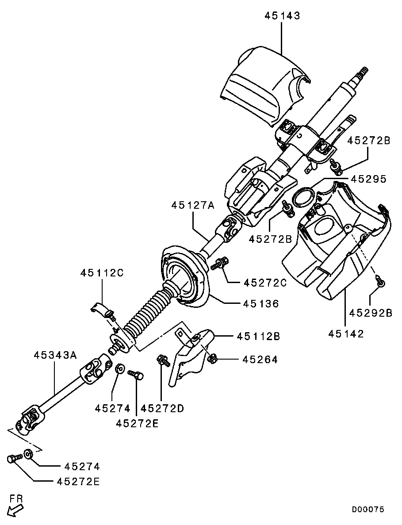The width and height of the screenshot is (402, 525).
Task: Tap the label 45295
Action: tap(368, 179)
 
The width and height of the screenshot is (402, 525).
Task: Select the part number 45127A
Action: tap(193, 205)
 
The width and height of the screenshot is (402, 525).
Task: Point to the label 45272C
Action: tap(265, 283)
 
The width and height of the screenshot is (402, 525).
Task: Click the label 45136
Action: tap(261, 304)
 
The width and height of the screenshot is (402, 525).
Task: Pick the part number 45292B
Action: tap(371, 313)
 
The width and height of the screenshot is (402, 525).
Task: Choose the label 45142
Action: tap(346, 334)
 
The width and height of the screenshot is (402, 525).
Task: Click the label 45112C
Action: tap(102, 273)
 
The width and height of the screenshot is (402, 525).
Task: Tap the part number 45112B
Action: tap(258, 336)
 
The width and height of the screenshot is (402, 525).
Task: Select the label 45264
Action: tap(260, 360)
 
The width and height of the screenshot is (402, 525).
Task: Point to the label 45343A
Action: tap(55, 355)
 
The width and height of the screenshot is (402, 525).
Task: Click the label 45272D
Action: tap(162, 409)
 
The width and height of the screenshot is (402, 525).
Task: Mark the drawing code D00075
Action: tap(368, 510)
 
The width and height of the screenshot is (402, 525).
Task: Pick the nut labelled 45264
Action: tap(212, 359)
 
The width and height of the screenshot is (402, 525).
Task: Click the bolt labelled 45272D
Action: tap(163, 360)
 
